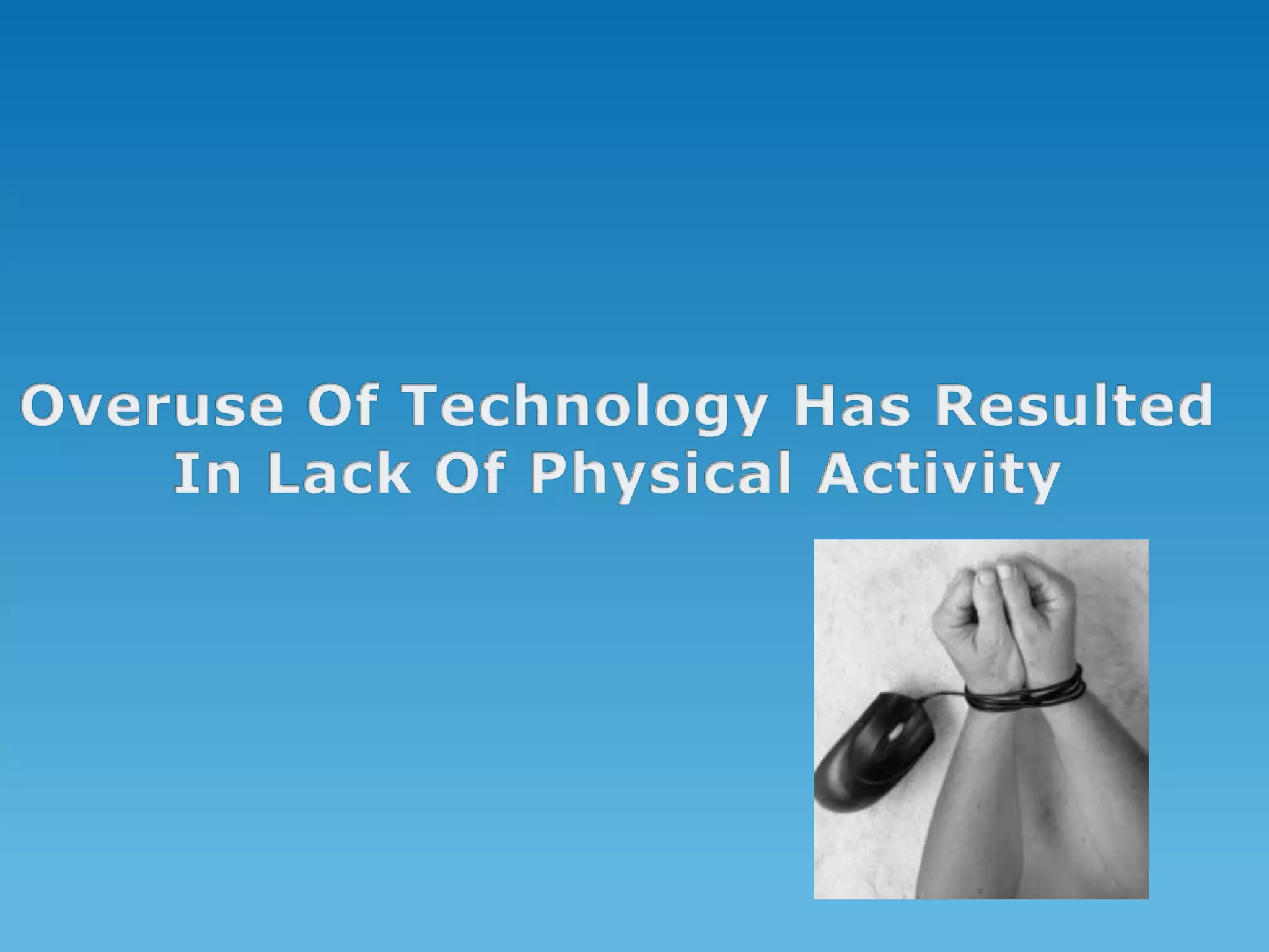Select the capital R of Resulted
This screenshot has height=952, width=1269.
pos(957,406)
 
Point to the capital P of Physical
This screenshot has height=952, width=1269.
pos(549,475)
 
